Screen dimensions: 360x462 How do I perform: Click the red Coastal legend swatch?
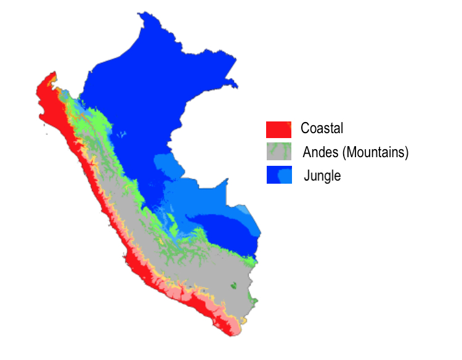click(278, 129)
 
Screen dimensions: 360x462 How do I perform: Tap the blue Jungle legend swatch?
click(278, 175)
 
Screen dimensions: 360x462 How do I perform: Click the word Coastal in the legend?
click(322, 129)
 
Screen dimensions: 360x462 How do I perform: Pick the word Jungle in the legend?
click(322, 176)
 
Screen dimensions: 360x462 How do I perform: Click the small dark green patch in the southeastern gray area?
click(234, 286)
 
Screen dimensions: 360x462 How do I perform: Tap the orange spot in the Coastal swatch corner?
click(288, 124)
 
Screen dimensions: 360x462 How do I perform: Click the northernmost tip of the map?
click(143, 13)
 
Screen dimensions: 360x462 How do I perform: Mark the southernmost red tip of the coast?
click(232, 335)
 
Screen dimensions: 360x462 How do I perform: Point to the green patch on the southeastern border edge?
click(253, 300)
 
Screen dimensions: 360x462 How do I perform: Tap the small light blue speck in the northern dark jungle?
click(123, 134)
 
